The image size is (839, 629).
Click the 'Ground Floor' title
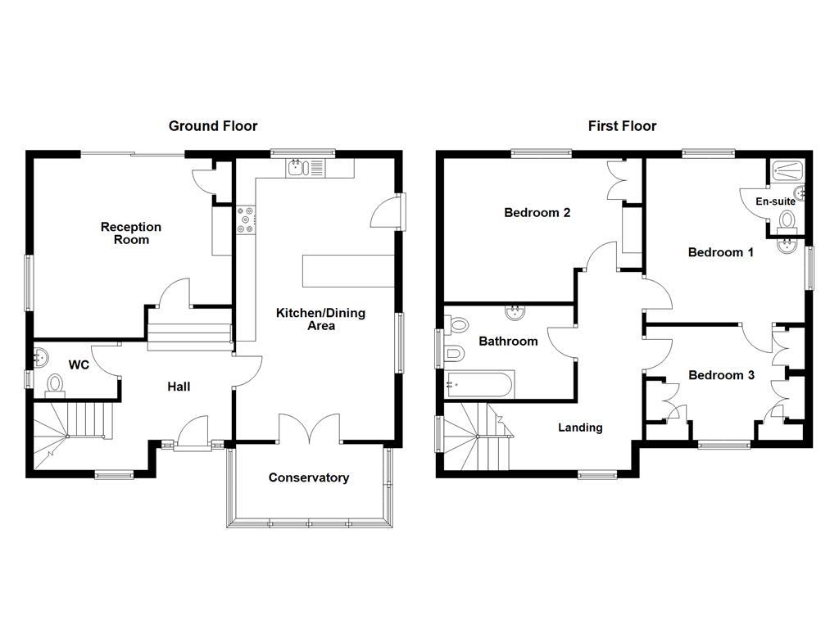[x=213, y=126]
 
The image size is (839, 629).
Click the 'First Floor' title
[x=622, y=126]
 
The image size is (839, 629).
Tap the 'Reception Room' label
[x=131, y=233]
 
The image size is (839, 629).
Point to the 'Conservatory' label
[x=309, y=477]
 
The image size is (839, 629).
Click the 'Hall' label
[x=179, y=387]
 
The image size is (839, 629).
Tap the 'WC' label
[x=79, y=364]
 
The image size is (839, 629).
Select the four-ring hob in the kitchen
[x=246, y=219]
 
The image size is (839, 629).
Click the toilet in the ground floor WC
[x=55, y=383]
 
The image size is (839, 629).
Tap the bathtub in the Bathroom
[x=479, y=382]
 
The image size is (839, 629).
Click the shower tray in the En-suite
[x=787, y=170]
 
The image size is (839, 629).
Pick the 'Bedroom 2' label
[x=537, y=213]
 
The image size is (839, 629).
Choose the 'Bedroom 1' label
[x=720, y=252]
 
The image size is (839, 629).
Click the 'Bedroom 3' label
[x=721, y=375]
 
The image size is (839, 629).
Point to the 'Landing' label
[x=580, y=428]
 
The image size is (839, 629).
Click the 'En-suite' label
[x=775, y=201]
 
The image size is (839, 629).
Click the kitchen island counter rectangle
[x=341, y=271]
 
